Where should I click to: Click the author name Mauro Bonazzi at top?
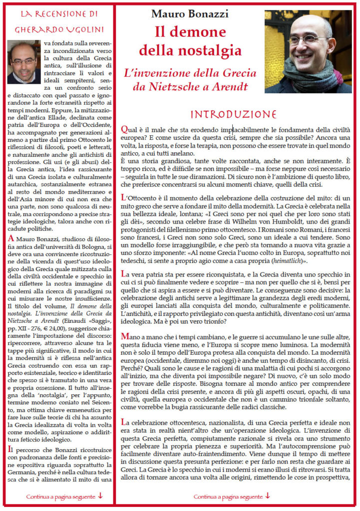(x=190, y=13)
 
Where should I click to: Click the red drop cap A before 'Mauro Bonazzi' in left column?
(x=11, y=239)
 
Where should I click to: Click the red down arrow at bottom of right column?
(x=268, y=496)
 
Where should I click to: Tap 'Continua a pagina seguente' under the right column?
(x=228, y=497)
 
